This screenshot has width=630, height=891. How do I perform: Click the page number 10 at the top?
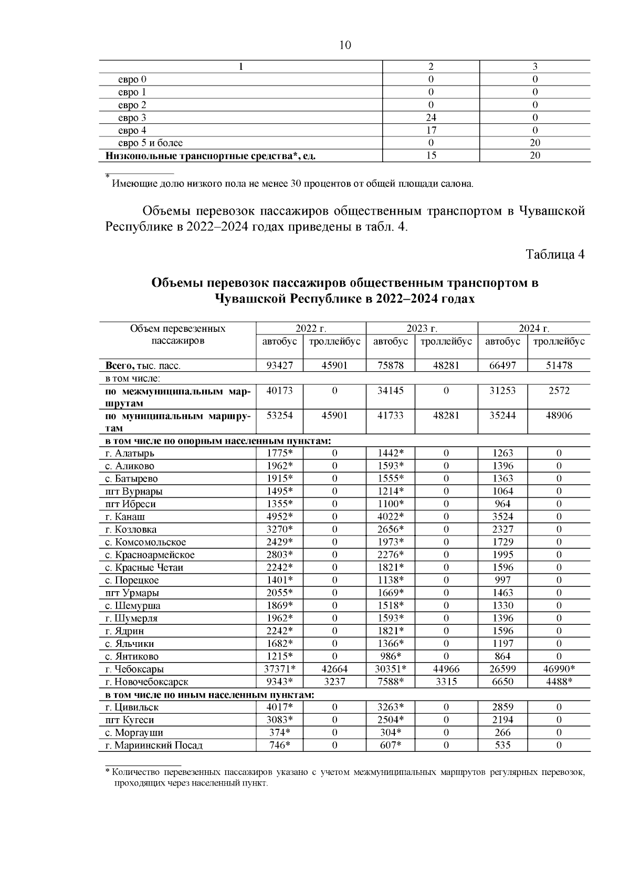point(345,45)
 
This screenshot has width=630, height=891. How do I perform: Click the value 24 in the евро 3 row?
point(431,118)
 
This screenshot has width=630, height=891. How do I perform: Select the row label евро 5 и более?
point(150,143)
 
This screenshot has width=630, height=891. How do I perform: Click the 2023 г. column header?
point(422,329)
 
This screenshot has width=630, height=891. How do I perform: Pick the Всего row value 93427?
point(279,365)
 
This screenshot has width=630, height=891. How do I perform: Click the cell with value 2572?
point(559,391)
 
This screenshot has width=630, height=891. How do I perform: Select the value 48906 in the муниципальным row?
point(559,415)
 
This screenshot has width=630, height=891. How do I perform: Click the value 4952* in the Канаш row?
point(279,517)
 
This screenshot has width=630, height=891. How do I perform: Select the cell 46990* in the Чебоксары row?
point(559,669)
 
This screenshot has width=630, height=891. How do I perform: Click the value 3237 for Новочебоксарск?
point(334,682)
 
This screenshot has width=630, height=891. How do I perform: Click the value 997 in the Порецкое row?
point(502,580)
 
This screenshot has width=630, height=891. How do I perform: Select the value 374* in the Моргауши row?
point(279,732)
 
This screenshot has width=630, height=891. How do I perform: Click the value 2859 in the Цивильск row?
point(502,707)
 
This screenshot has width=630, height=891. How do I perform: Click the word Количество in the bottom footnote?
point(136,772)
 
